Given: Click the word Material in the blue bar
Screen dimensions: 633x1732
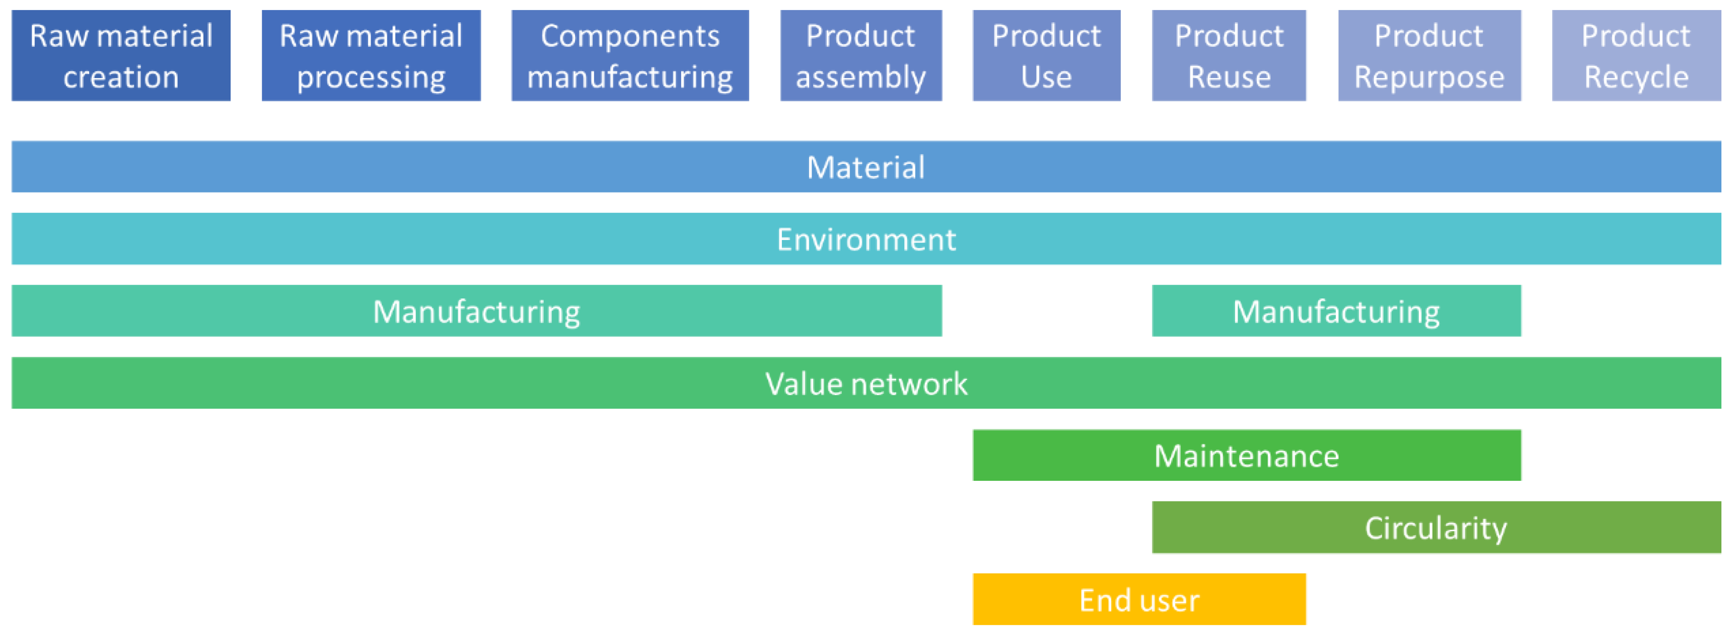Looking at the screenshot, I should tap(865, 167).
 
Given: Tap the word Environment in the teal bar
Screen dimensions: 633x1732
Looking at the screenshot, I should tap(866, 239).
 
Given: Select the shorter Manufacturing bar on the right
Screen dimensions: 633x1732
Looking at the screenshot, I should tap(1336, 311).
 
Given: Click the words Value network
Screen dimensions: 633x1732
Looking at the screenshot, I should tap(866, 384).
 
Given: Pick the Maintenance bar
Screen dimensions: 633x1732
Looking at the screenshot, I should tap(1247, 456).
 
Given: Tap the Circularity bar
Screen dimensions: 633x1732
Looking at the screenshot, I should tap(1436, 527).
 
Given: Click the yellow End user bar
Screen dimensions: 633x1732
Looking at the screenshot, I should tap(1139, 599).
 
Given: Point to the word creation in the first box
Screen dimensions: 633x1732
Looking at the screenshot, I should tap(121, 77).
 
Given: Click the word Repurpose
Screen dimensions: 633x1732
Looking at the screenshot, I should tap(1429, 77).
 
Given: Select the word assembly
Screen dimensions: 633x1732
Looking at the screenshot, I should tap(860, 77).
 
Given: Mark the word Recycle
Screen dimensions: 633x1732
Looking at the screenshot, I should tap(1636, 77).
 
